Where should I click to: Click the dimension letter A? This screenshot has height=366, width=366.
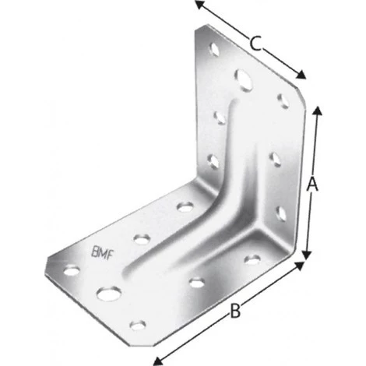pyautogui.click(x=312, y=185)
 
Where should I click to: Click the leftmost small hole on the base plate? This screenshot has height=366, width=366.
pyautogui.click(x=70, y=272)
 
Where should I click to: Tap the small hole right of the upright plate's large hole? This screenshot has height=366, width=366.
pyautogui.click(x=280, y=100)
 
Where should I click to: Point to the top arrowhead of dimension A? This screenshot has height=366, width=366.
pyautogui.click(x=317, y=108)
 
